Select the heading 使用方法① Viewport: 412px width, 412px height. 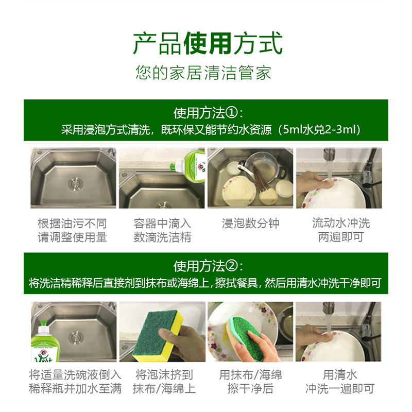(x=204, y=113)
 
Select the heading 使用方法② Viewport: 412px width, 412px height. (x=204, y=266)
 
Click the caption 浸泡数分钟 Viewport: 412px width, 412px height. (x=250, y=224)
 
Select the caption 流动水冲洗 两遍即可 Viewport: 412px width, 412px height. (x=340, y=230)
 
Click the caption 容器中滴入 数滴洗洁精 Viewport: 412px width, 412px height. (x=162, y=230)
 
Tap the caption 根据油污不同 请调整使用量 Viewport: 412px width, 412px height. (x=73, y=230)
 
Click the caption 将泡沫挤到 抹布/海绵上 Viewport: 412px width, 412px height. (x=162, y=382)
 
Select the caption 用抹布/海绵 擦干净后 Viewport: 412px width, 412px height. (x=250, y=382)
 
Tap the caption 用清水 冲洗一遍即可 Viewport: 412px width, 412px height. (x=340, y=382)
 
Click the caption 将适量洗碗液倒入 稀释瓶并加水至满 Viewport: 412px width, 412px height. (x=73, y=382)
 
